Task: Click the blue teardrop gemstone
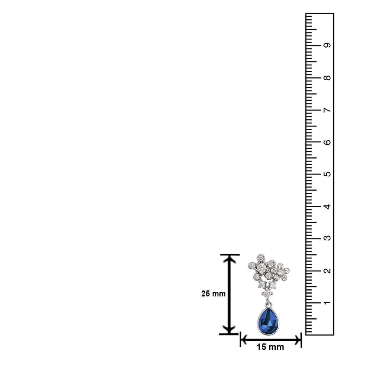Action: pyautogui.click(x=268, y=321)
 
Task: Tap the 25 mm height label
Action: pyautogui.click(x=213, y=294)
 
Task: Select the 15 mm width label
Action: pyautogui.click(x=270, y=347)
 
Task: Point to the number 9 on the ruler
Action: pyautogui.click(x=327, y=45)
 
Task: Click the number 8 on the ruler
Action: pyautogui.click(x=327, y=78)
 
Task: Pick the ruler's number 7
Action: pyautogui.click(x=327, y=110)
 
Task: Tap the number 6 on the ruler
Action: pyautogui.click(x=327, y=142)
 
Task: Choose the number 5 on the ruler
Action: pyautogui.click(x=327, y=174)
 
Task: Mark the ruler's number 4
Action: pyautogui.click(x=327, y=206)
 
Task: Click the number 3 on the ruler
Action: pyautogui.click(x=327, y=238)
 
